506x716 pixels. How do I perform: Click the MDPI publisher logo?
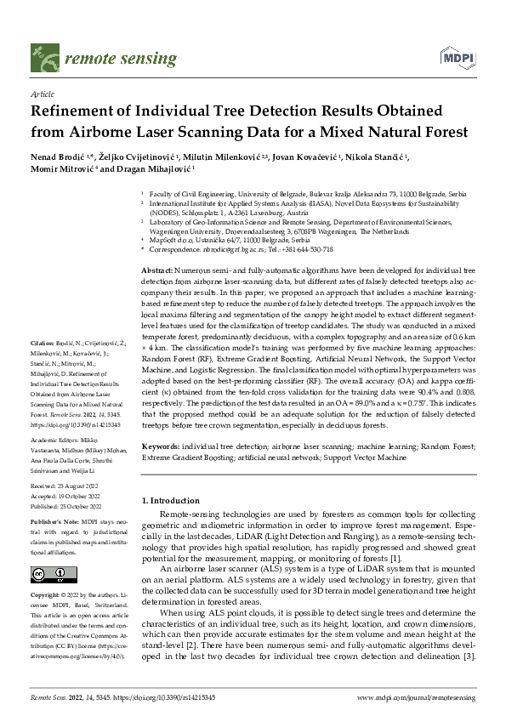pos(457,59)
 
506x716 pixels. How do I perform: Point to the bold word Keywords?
pos(161,446)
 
